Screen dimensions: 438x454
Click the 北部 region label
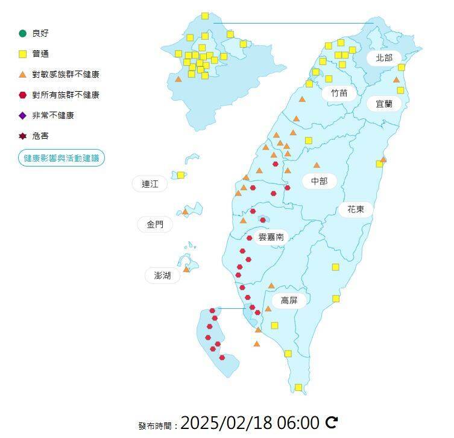click(383, 58)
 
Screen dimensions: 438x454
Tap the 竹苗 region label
click(339, 94)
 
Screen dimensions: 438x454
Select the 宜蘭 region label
click(384, 104)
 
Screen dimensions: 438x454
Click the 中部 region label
click(319, 181)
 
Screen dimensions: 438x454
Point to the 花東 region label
click(355, 209)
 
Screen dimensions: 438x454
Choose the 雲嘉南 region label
click(271, 237)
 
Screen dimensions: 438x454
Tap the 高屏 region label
click(289, 300)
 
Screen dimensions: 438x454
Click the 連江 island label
click(150, 185)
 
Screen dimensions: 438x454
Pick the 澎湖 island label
click(162, 276)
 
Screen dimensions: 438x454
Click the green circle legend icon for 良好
click(23, 33)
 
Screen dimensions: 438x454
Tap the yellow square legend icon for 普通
click(23, 54)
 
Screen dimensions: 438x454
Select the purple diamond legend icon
click(23, 115)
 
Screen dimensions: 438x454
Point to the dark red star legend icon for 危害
click(23, 136)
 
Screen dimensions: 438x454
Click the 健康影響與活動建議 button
click(61, 158)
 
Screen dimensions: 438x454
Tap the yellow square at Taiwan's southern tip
click(298, 387)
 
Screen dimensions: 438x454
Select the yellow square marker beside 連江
click(180, 175)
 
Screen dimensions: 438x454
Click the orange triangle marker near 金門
click(186, 212)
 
